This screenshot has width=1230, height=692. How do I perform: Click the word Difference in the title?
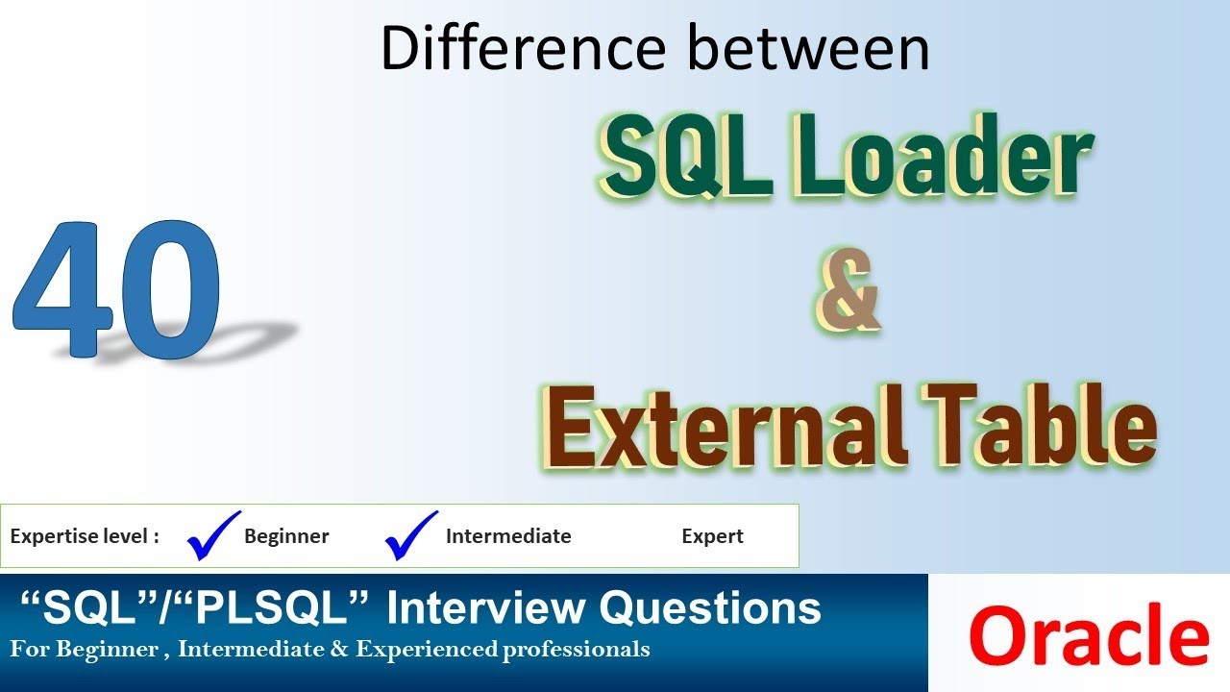[x=523, y=47]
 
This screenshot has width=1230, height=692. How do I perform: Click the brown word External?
[x=724, y=426]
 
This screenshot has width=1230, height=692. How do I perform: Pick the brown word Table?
[x=1040, y=425]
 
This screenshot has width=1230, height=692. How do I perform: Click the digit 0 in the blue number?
[x=171, y=289]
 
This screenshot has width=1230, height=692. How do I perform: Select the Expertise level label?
[x=85, y=536]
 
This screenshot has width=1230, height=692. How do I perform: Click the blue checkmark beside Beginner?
[x=213, y=535]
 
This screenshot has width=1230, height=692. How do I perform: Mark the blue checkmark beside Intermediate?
[x=410, y=535]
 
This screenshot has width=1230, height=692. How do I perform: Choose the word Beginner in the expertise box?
[x=286, y=536]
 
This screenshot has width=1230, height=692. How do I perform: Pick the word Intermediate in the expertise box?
[x=508, y=536]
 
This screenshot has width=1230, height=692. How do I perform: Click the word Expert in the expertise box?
[x=712, y=536]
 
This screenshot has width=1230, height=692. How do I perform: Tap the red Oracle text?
[x=1090, y=635]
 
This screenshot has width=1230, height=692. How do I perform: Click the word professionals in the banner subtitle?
[x=576, y=650]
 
